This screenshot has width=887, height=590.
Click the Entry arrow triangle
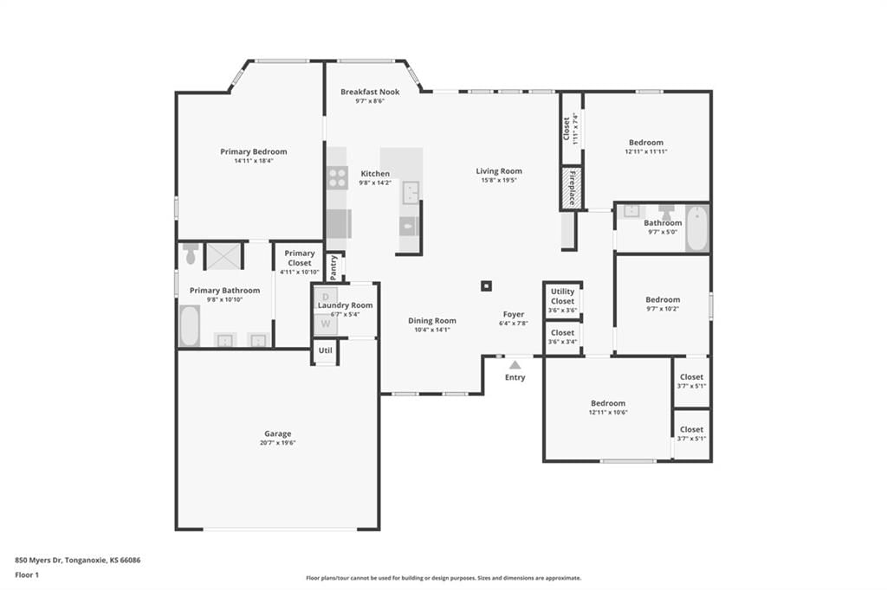(515, 365)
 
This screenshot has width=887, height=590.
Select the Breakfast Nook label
(370, 92)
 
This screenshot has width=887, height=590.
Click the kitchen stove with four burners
(338, 178)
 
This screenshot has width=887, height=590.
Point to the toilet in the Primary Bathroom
(191, 253)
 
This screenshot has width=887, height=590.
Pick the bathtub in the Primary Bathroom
(190, 325)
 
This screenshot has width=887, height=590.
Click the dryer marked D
(326, 298)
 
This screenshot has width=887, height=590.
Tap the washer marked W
(326, 324)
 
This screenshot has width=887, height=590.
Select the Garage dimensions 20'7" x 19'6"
(278, 443)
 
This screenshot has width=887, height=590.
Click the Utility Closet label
(562, 296)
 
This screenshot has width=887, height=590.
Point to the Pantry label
(333, 266)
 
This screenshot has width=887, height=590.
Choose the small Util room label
(326, 350)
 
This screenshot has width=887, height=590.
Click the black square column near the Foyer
(486, 286)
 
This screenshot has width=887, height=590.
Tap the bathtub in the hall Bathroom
(697, 228)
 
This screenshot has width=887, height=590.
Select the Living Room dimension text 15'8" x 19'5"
(499, 180)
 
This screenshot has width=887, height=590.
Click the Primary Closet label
(299, 258)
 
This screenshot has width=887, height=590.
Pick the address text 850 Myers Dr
(38, 561)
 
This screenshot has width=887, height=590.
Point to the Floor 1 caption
(27, 575)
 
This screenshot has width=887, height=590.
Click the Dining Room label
(432, 320)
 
